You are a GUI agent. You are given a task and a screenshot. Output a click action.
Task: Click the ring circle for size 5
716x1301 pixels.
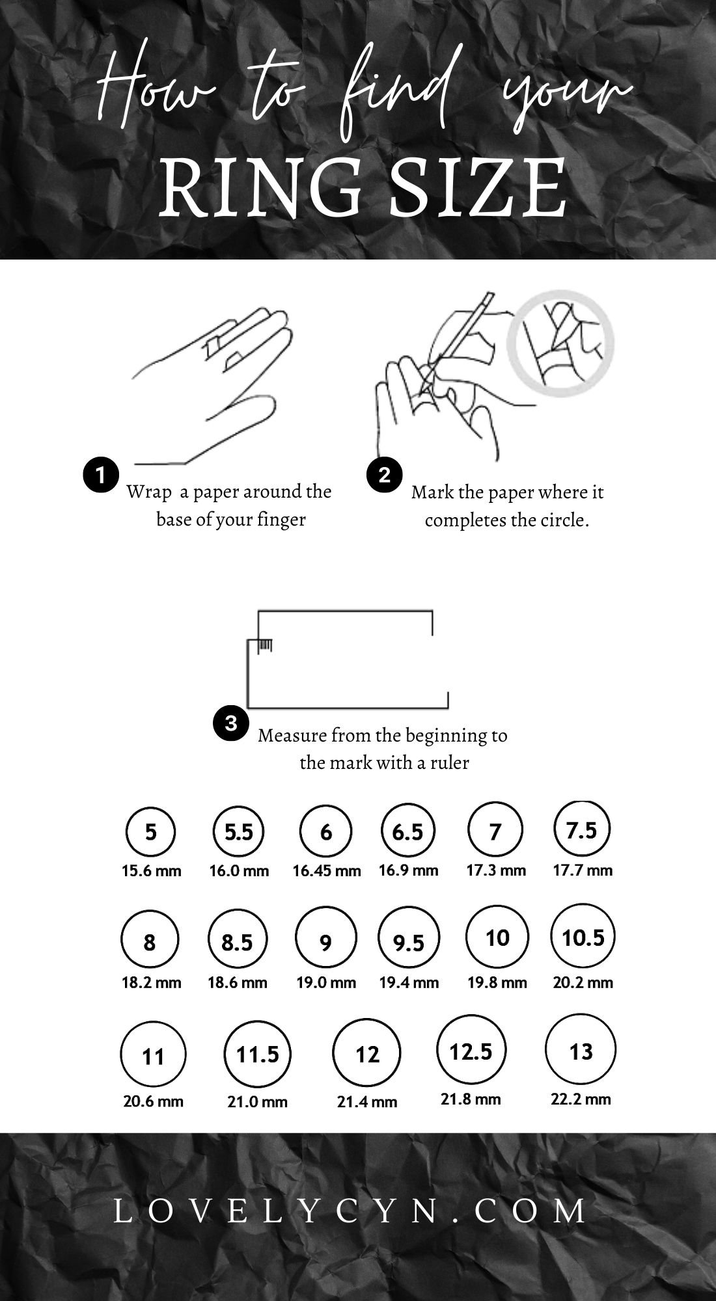tap(126, 833)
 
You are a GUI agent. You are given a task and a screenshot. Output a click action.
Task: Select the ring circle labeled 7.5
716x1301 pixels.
tap(555, 830)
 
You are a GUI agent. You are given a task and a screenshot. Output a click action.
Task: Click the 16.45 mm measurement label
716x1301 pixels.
tap(327, 871)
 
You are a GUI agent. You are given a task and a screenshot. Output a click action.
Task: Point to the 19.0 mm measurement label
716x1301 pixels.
tap(326, 983)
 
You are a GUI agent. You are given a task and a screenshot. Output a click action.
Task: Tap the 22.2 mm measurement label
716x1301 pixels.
tap(581, 1099)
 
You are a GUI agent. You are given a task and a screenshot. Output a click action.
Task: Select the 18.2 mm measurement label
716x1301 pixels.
tap(151, 982)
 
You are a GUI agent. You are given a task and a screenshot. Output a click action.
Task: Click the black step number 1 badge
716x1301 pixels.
tap(101, 476)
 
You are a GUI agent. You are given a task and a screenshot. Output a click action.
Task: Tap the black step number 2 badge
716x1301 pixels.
tap(385, 475)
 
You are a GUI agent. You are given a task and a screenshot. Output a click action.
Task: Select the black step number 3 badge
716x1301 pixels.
tap(231, 723)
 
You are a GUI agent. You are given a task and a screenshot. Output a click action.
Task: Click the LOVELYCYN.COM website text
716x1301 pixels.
tap(351, 1211)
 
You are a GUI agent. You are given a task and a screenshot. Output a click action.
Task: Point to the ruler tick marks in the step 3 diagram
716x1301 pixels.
tap(266, 645)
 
